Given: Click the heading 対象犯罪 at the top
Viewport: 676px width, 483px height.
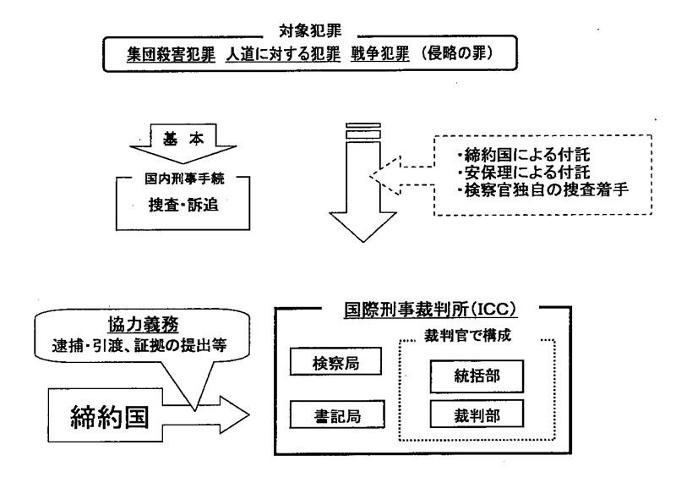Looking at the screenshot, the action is (310, 31).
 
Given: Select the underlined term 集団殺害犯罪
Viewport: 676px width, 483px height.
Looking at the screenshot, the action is (171, 55).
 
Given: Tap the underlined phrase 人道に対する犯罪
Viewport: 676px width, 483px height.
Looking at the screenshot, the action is (283, 55).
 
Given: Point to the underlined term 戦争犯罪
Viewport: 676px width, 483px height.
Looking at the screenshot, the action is (379, 54).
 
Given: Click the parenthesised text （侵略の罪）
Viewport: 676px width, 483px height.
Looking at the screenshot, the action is (456, 53).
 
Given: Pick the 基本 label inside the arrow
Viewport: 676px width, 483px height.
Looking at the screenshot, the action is (183, 139).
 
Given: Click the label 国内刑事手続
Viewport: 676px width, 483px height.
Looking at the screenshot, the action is (184, 178).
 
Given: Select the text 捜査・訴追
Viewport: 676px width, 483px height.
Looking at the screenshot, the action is (183, 205).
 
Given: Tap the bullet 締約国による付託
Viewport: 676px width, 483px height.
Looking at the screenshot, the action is (523, 155).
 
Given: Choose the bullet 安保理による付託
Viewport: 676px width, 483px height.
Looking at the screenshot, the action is (523, 173).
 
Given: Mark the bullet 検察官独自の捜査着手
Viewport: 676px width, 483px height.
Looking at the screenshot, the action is (542, 190).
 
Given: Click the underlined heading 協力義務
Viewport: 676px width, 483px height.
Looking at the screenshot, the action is (143, 325).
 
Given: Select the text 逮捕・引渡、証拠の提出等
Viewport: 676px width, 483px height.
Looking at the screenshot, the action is (139, 346).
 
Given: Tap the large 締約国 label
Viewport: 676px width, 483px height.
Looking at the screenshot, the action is (110, 417).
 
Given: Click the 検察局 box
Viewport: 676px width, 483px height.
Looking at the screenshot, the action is (335, 362).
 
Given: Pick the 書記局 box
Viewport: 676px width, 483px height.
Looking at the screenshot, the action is (337, 414).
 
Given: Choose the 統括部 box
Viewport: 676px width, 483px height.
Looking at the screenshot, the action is (477, 376).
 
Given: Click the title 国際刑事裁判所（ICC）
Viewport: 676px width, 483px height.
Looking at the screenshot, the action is (430, 310).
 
